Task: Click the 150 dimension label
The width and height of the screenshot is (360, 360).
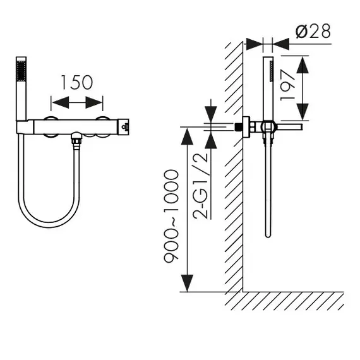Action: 77,82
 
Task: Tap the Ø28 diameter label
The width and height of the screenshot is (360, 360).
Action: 313,31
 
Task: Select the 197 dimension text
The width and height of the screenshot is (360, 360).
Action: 287,85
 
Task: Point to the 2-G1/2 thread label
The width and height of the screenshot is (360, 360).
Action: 201,186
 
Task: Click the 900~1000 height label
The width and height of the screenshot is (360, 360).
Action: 171,216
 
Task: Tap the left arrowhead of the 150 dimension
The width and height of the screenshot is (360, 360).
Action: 61,102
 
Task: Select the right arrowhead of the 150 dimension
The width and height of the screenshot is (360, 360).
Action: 93,102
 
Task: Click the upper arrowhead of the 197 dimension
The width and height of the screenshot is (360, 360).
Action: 303,65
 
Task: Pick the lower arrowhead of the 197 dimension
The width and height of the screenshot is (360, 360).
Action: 303,112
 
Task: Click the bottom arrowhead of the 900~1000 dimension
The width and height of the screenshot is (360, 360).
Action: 187,284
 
